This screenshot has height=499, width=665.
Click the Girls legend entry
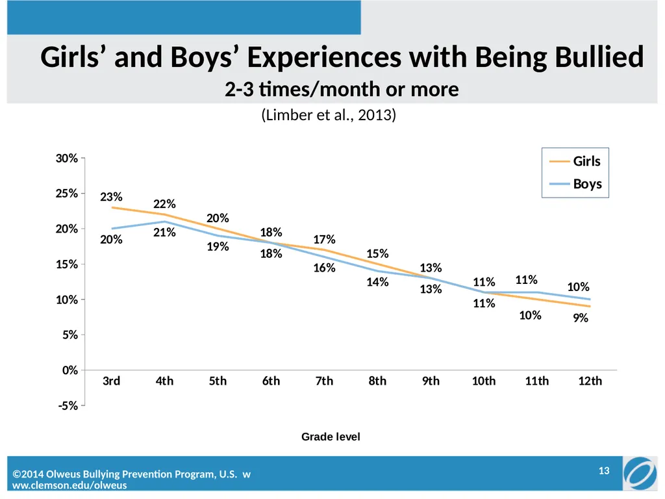click(575, 161)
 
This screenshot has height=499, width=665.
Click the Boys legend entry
click(575, 184)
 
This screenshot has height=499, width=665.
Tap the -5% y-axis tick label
click(68, 405)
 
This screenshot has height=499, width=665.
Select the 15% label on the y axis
click(67, 264)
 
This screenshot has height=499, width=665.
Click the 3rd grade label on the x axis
click(112, 381)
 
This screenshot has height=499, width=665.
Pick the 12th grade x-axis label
click(590, 381)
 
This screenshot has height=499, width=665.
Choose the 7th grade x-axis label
click(325, 381)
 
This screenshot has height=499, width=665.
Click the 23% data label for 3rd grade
click(111, 197)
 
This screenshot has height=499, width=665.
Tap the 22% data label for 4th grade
click(164, 204)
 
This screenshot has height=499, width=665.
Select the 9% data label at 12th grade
click(581, 318)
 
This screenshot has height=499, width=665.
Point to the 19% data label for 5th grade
click(218, 246)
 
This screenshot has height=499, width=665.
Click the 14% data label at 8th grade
click(378, 282)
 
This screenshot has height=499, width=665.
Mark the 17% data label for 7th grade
click(325, 239)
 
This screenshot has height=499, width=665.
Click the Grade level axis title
click(331, 437)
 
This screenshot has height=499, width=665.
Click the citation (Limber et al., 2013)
click(329, 115)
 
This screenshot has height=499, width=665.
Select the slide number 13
click(604, 470)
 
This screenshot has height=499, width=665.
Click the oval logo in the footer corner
click(640, 473)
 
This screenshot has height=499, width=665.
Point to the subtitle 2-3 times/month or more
click(342, 89)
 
